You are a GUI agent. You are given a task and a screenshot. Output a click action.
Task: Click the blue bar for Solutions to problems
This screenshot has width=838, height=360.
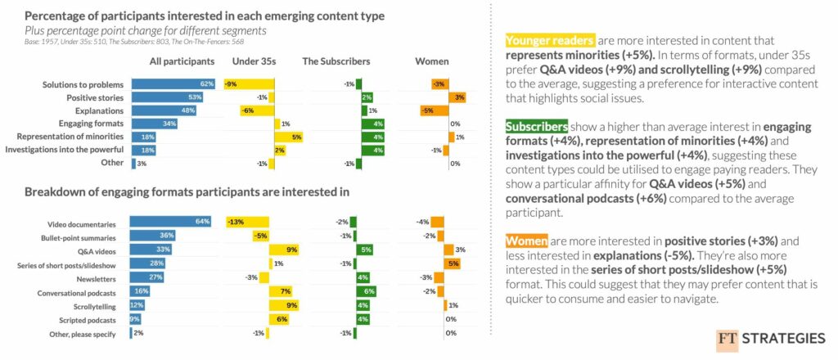[173, 84]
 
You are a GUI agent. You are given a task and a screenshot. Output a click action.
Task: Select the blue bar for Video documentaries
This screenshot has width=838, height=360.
[171, 223]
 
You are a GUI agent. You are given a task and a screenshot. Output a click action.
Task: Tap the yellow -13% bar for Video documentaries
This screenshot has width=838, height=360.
[247, 223]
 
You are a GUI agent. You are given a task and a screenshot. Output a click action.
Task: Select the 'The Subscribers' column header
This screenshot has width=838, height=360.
[336, 61]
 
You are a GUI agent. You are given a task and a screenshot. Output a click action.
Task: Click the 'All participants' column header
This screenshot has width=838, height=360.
[182, 61]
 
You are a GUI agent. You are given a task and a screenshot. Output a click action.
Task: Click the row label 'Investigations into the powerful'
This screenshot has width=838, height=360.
[64, 151]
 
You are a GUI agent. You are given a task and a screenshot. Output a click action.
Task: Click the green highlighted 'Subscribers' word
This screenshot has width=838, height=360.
[536, 128]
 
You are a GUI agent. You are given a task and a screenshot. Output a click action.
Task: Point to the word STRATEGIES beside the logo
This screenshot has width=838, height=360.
[784, 340]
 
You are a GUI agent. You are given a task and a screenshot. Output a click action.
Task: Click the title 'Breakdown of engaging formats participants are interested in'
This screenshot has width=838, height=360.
[187, 192]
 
